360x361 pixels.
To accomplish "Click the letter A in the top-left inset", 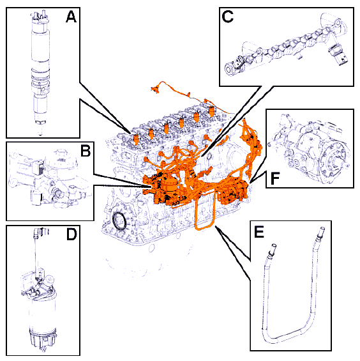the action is point(71,17).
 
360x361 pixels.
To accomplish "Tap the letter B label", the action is point(86,151).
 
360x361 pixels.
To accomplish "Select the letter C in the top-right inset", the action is point(228,17).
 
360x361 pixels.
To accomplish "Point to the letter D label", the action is point(71,235).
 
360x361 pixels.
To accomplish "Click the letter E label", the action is point(259,232).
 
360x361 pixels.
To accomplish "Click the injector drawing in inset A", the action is point(41,72).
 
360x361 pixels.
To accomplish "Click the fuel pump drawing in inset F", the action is point(311,148).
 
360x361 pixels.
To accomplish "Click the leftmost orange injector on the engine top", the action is point(136,139).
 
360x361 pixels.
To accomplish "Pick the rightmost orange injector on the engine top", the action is point(211,111).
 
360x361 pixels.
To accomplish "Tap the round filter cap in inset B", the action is point(60,157).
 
